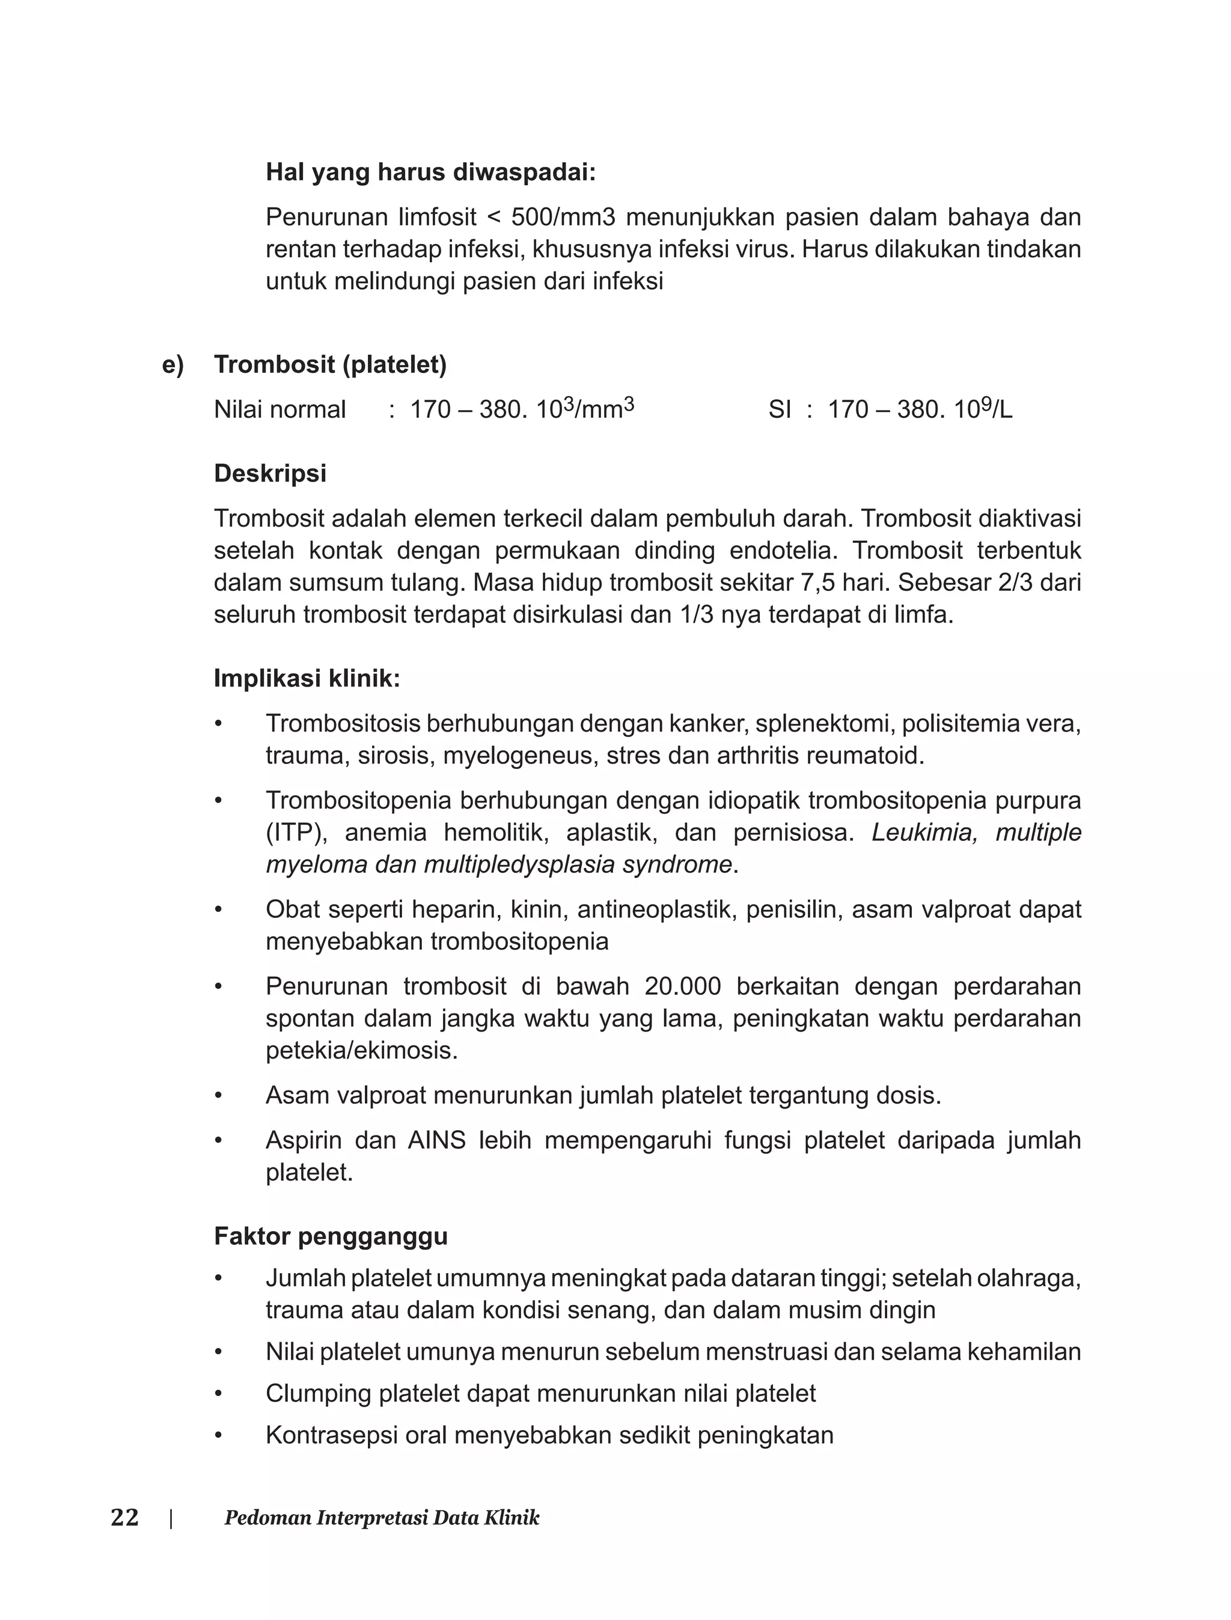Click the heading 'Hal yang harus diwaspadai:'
430,173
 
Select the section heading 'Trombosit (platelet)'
330,364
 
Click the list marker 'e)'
173,364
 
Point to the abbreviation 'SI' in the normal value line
780,409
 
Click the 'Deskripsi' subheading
270,473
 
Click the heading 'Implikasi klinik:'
307,679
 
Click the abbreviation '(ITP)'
295,833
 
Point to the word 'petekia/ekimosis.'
361,1051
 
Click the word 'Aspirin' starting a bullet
302,1141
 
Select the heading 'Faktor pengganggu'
331,1237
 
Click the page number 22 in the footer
124,1517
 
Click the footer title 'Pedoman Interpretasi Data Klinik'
382,1518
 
